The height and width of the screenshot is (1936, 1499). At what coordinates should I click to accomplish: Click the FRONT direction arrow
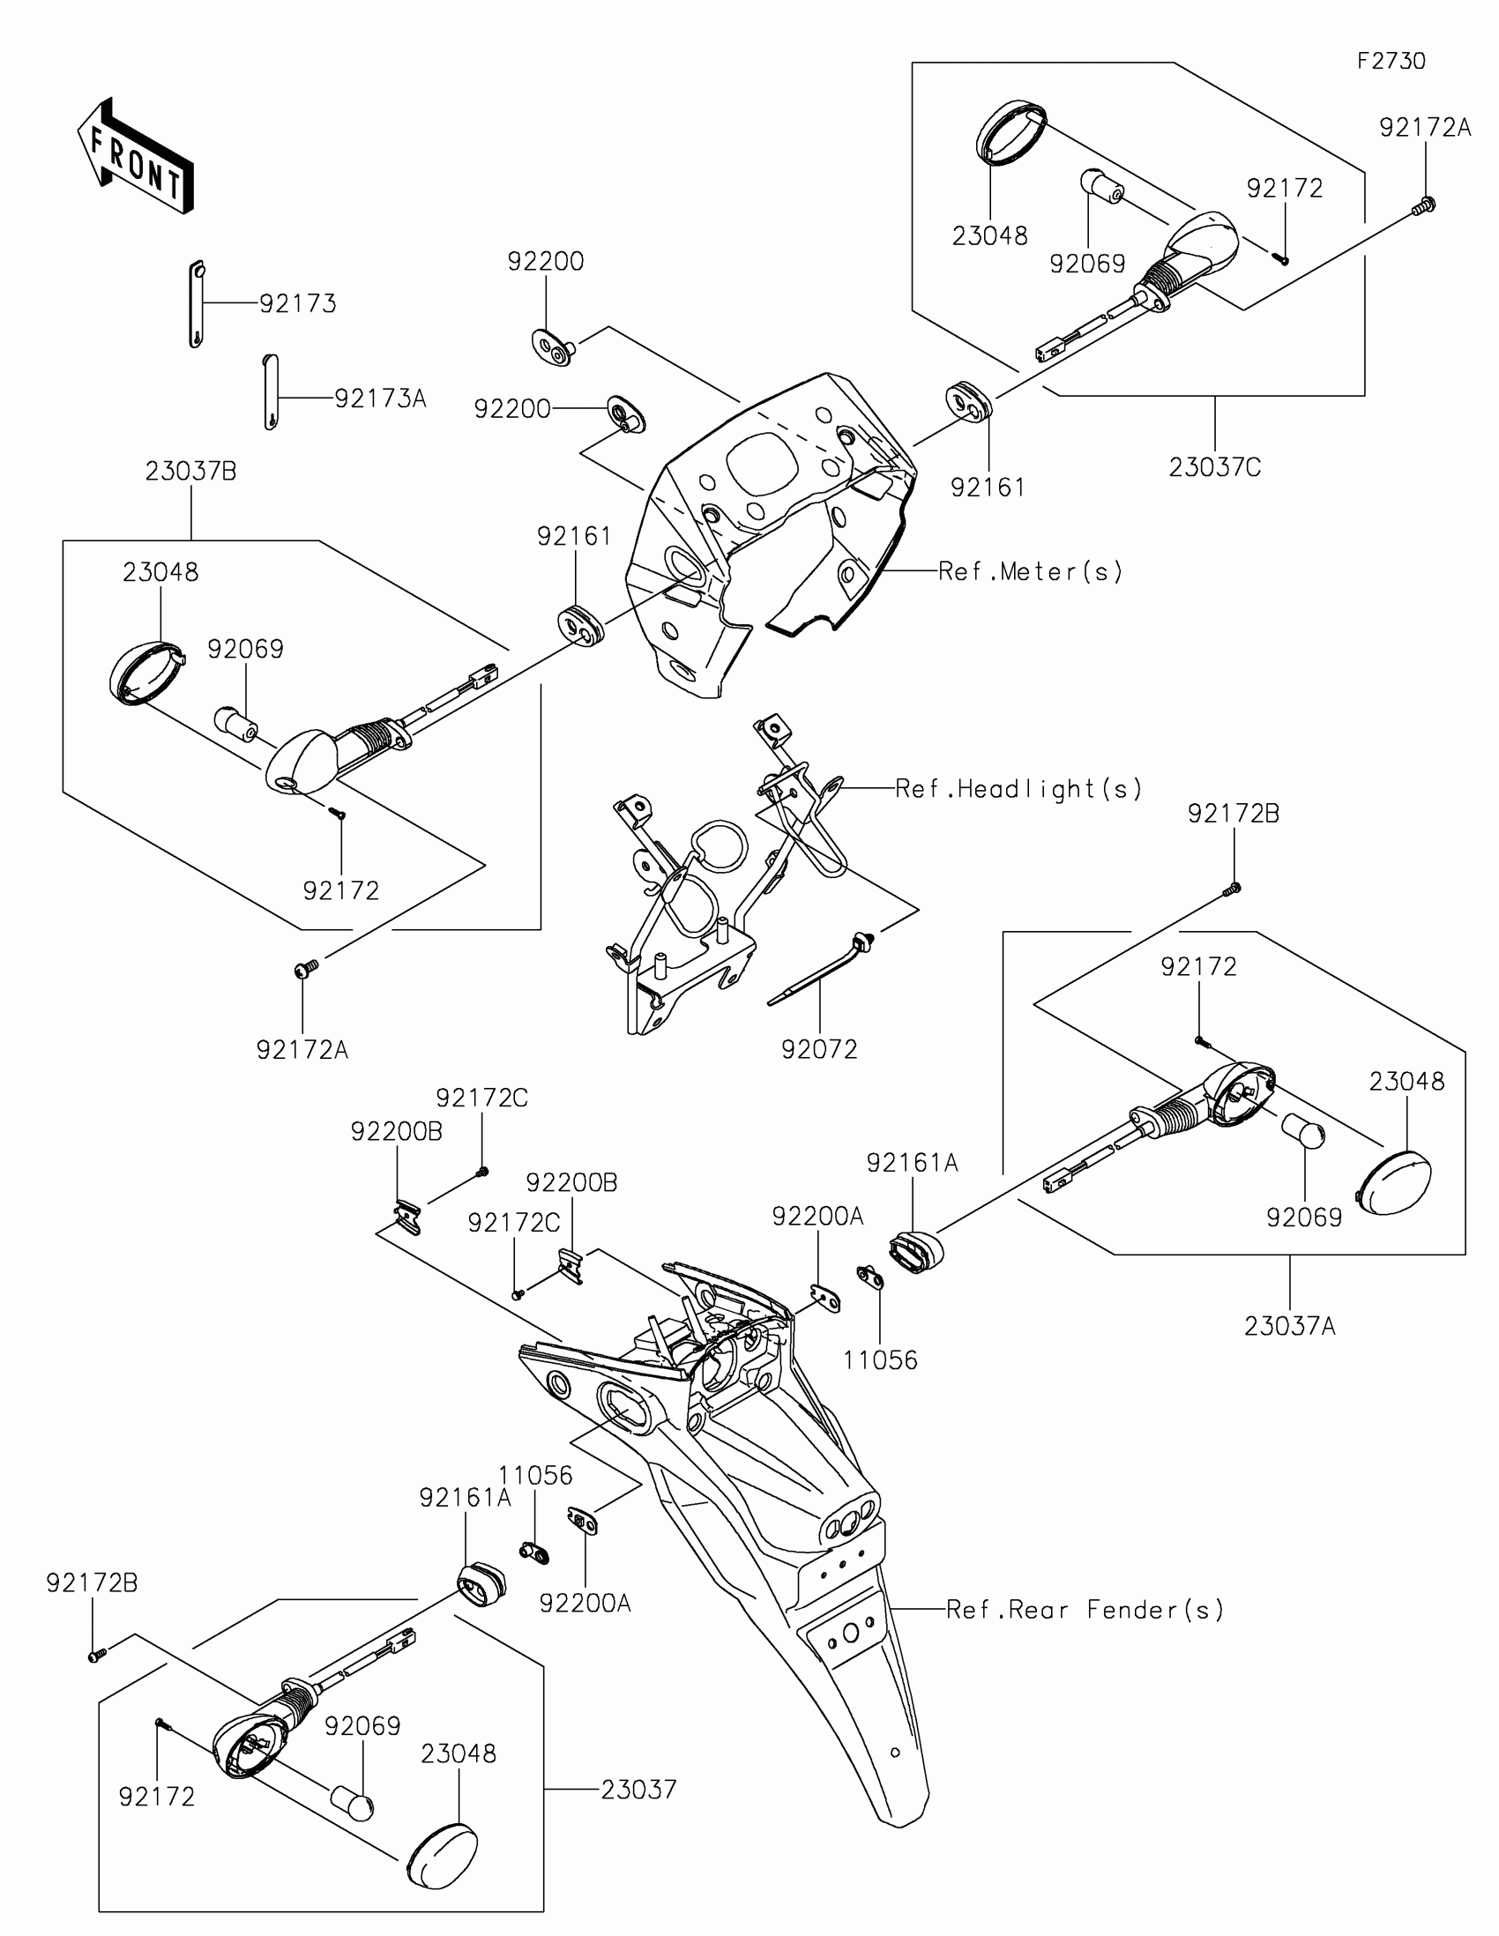point(135,157)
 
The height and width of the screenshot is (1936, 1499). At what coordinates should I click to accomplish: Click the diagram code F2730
point(1391,61)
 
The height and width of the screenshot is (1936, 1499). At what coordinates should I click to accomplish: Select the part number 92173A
point(380,398)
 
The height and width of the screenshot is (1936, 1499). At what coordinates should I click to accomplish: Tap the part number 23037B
point(190,471)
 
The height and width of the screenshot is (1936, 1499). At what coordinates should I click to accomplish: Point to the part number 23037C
point(1214,467)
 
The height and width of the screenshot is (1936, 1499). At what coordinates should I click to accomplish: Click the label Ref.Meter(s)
point(1030,572)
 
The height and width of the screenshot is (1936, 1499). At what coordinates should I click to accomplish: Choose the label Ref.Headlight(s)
point(1018,788)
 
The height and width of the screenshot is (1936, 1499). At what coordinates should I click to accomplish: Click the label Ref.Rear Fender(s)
point(1085,1609)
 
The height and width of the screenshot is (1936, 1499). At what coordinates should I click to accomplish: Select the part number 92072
point(819,1050)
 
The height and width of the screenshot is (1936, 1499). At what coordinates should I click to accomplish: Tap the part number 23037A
point(1290,1326)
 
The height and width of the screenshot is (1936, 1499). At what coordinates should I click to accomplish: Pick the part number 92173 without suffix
point(298,303)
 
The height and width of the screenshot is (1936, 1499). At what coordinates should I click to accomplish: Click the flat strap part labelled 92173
point(197,304)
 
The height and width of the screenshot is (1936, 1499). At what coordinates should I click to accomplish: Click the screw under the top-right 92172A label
point(1424,205)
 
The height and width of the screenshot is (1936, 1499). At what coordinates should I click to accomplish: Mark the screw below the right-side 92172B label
point(1232,889)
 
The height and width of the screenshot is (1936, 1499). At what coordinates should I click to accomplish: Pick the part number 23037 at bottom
point(639,1790)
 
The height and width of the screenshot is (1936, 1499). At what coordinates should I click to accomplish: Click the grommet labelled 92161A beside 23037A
point(915,1251)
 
